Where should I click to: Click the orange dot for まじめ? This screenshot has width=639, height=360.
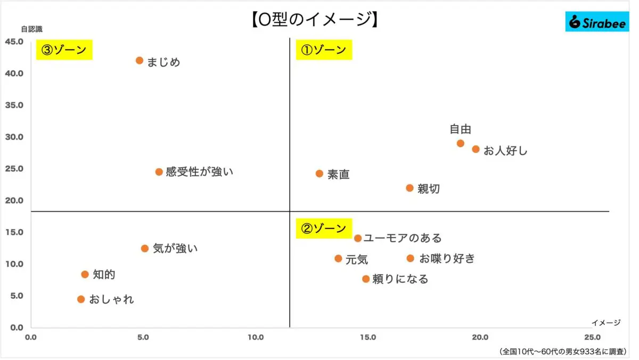140,61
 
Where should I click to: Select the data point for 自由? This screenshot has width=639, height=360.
461,143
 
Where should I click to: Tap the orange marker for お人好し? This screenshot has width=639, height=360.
476,149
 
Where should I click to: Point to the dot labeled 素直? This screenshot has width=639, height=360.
319,174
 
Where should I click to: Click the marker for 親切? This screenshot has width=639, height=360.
409,188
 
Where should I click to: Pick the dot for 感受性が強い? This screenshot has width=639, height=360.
159,172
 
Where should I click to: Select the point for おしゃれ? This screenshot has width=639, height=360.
81,299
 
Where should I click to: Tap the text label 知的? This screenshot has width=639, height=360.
104,275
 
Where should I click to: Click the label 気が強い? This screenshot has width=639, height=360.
175,248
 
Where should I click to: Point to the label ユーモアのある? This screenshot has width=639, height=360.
403,238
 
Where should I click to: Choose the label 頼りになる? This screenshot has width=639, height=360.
400,279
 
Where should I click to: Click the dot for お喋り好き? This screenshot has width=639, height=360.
410,258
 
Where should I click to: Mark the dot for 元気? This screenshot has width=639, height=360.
338,258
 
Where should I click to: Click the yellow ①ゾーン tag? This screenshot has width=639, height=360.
324,50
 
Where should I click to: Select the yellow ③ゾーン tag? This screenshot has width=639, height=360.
64,50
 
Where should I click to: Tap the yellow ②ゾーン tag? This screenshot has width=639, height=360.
324,229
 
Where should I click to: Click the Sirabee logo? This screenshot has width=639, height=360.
597,22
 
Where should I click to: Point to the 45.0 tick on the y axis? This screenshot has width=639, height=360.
14,42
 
